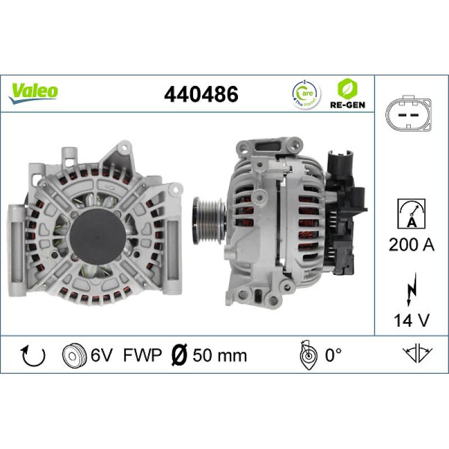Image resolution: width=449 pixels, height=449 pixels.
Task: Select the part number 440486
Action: click(x=200, y=94)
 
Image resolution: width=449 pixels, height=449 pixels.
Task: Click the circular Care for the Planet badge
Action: click(x=303, y=93)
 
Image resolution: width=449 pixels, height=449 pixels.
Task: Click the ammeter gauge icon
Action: click(x=411, y=214)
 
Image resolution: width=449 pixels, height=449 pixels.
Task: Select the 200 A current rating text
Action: click(x=411, y=245)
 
